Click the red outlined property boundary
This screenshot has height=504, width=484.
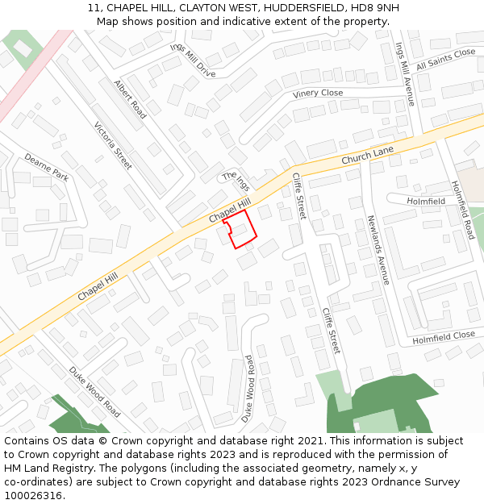pos(240,231)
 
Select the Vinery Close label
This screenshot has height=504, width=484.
pos(318,94)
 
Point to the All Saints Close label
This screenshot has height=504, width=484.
pos(445,59)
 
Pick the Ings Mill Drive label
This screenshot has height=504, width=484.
pos(193,60)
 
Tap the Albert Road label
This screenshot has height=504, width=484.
pos(130,99)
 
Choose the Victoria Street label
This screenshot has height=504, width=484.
pos(113,145)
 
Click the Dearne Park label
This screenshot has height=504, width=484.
pos(46,167)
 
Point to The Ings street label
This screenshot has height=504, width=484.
pos(236,181)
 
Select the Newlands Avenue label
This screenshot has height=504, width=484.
pos(378,249)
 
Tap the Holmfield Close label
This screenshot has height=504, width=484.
pos(444,336)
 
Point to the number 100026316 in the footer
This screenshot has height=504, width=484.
pos(33,495)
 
